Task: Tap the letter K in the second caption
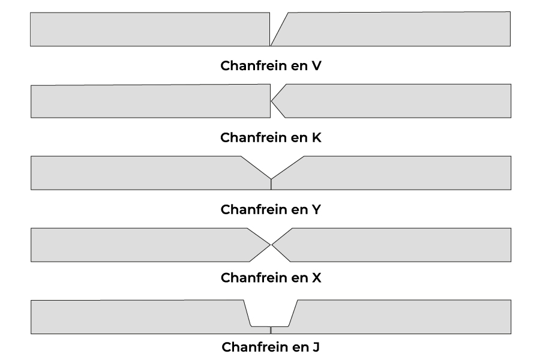316,137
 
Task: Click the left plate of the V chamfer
150,29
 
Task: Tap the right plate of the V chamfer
396,29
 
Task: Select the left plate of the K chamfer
150,101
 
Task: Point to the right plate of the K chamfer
396,101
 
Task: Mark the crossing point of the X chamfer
271,245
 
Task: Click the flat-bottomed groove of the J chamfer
270,315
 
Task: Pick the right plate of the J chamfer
402,316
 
